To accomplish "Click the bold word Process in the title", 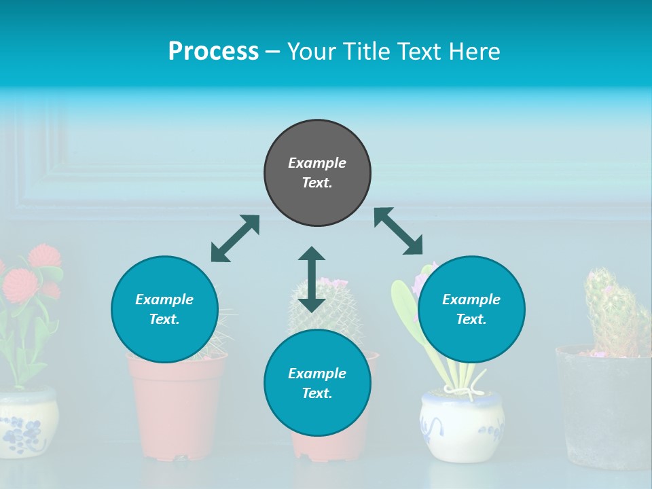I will (213, 52).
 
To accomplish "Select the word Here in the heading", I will (473, 52).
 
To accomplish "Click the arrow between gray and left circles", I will (235, 238).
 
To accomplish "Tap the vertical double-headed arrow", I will (312, 279).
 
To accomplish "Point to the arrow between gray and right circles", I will (399, 231).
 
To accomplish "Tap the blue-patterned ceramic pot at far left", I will (27, 421).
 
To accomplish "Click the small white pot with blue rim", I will (462, 424).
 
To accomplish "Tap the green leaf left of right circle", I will (405, 306).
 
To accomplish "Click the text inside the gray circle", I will (317, 173).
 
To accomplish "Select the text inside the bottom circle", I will (317, 383).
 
